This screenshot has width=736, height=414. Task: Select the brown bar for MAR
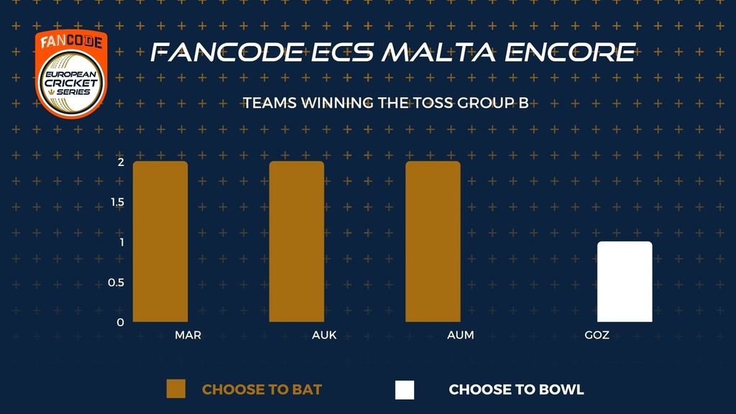click(x=160, y=241)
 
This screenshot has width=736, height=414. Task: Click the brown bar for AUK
click(x=297, y=241)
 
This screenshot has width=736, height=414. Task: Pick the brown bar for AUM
click(x=433, y=241)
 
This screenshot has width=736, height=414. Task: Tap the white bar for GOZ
click(x=625, y=282)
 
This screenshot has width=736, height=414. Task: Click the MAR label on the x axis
click(x=188, y=335)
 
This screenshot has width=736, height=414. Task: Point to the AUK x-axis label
click(x=324, y=335)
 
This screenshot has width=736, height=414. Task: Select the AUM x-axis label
click(x=461, y=335)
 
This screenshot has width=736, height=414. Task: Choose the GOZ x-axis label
click(x=597, y=335)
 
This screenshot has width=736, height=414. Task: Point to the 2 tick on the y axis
click(x=121, y=162)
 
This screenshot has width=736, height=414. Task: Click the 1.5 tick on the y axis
click(x=117, y=202)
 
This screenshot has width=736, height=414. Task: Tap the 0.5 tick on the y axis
click(x=116, y=282)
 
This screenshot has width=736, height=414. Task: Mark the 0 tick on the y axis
click(x=121, y=323)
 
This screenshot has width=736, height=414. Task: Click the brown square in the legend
click(x=176, y=389)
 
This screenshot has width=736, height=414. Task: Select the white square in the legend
click(x=405, y=390)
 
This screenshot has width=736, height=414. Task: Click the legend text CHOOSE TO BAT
click(x=262, y=390)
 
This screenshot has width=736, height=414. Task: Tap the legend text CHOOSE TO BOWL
click(x=516, y=390)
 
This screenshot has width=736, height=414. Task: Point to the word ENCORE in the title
click(x=570, y=52)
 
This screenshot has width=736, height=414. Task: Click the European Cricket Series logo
click(x=71, y=74)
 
